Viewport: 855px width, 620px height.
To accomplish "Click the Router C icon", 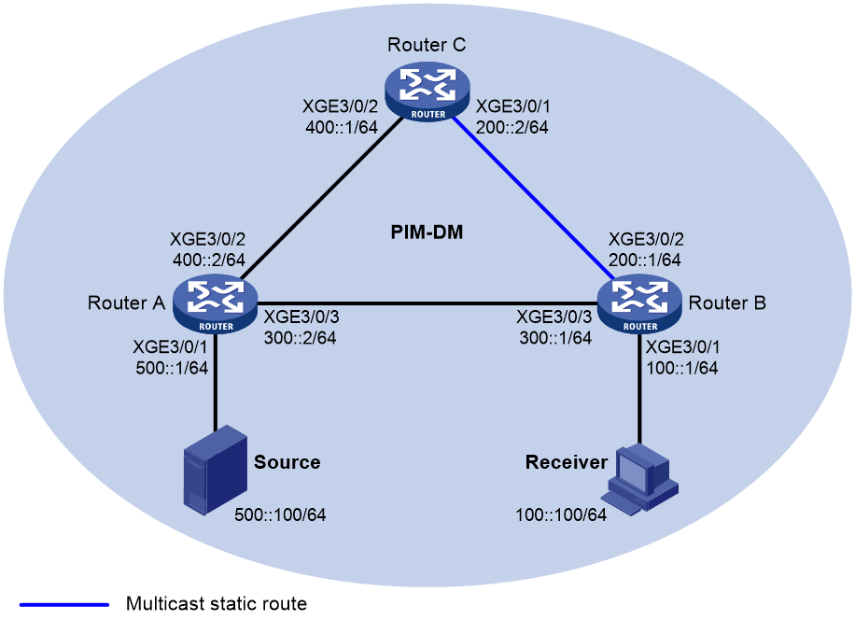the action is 427,92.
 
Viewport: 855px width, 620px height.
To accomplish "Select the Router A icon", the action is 215,303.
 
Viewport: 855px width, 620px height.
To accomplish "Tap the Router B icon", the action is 639,303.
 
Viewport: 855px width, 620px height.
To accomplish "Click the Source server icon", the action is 215,470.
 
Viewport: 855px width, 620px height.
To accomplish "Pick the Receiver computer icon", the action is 639,480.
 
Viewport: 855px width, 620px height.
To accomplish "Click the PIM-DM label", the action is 427,232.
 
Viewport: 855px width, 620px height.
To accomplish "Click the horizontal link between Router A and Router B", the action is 427,303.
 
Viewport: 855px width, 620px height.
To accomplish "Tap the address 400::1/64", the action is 342,128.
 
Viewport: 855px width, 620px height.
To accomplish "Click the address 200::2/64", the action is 512,128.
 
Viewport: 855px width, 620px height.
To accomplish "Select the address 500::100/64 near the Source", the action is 280,514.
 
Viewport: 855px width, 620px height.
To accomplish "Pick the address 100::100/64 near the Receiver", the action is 561,514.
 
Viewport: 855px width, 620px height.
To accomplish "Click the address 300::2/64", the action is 300,338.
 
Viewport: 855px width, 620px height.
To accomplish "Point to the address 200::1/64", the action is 645,261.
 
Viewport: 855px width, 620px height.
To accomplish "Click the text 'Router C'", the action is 427,45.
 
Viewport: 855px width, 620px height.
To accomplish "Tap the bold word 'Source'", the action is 287,462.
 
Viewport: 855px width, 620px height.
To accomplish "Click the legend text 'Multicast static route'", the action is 217,603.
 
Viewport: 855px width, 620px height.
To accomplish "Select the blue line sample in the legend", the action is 64,604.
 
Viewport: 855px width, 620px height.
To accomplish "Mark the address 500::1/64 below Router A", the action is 172,368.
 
